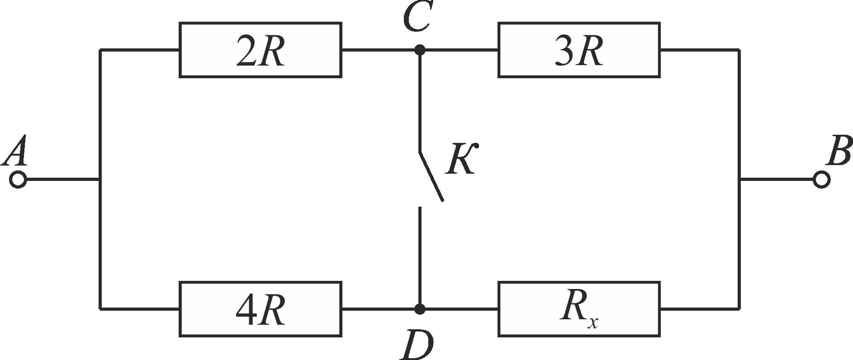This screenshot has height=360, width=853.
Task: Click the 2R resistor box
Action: pos(260,50)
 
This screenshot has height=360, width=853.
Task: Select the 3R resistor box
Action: pos(579,50)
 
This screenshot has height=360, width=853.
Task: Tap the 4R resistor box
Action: pos(260,309)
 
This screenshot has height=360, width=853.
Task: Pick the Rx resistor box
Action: pos(579,309)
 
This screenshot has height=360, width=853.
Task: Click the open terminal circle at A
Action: pos(18,180)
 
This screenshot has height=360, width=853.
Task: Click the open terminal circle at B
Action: pos(821,180)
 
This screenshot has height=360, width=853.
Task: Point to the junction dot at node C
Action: pos(420,50)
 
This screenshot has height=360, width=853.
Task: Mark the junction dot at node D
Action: pos(420,309)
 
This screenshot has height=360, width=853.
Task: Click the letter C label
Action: pos(417,16)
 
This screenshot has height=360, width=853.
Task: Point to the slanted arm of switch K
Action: pos(431,176)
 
